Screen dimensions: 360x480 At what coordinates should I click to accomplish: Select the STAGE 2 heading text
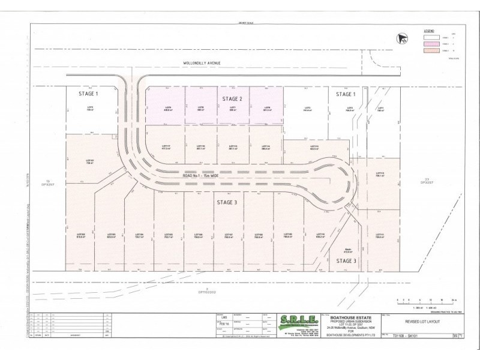point(232,98)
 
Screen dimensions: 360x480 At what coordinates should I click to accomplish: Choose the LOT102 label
point(81,235)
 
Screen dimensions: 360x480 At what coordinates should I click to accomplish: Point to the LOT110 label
point(320,235)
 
